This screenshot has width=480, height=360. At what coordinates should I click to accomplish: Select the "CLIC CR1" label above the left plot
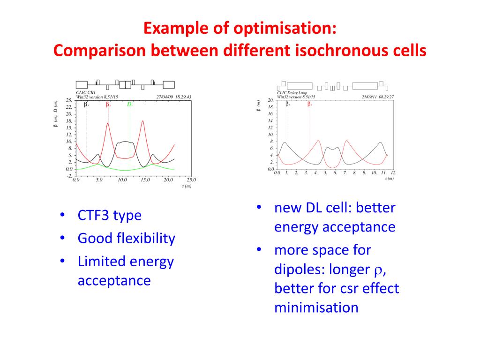pos(86,93)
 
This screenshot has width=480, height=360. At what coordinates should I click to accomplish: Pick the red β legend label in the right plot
pos(309,104)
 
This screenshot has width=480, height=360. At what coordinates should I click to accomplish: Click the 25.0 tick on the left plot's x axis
pos(191,180)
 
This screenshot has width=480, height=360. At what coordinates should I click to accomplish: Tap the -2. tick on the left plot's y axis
pos(69,176)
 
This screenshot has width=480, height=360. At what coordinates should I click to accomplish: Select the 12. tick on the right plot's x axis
pos(393,172)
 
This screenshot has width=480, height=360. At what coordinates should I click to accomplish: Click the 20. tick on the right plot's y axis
pos(270,100)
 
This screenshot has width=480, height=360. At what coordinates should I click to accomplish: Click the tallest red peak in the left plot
pos(142,121)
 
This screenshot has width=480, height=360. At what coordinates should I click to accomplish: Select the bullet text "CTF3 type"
pos(109,216)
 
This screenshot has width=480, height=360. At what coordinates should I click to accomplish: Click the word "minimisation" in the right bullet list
pos(316,308)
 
